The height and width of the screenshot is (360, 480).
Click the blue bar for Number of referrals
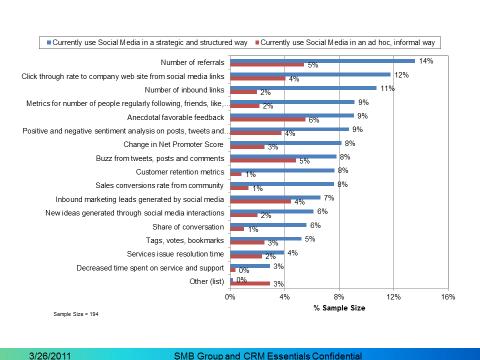point(322,61)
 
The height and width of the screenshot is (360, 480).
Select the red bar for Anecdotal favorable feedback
point(267,119)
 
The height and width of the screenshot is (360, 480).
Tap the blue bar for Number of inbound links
point(303,88)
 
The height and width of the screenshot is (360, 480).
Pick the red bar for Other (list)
point(250,283)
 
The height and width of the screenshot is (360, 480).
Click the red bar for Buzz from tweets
point(263,160)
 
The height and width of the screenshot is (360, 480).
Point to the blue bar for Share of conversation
point(268,225)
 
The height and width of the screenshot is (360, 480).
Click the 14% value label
point(426,61)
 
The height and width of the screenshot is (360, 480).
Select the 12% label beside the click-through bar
point(401,75)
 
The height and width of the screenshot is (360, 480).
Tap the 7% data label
point(329,198)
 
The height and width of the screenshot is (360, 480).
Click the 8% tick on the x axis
point(339,297)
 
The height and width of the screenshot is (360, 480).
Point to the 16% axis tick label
point(448,297)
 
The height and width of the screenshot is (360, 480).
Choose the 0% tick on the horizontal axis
point(230,297)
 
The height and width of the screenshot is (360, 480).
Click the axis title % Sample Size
point(339,308)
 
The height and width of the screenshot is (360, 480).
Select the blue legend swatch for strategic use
point(48,43)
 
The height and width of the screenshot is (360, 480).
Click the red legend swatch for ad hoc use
point(257,43)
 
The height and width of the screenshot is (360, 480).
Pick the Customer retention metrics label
point(180,172)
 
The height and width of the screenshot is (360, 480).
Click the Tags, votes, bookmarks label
point(184,240)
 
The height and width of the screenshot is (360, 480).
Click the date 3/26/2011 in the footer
point(49,356)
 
